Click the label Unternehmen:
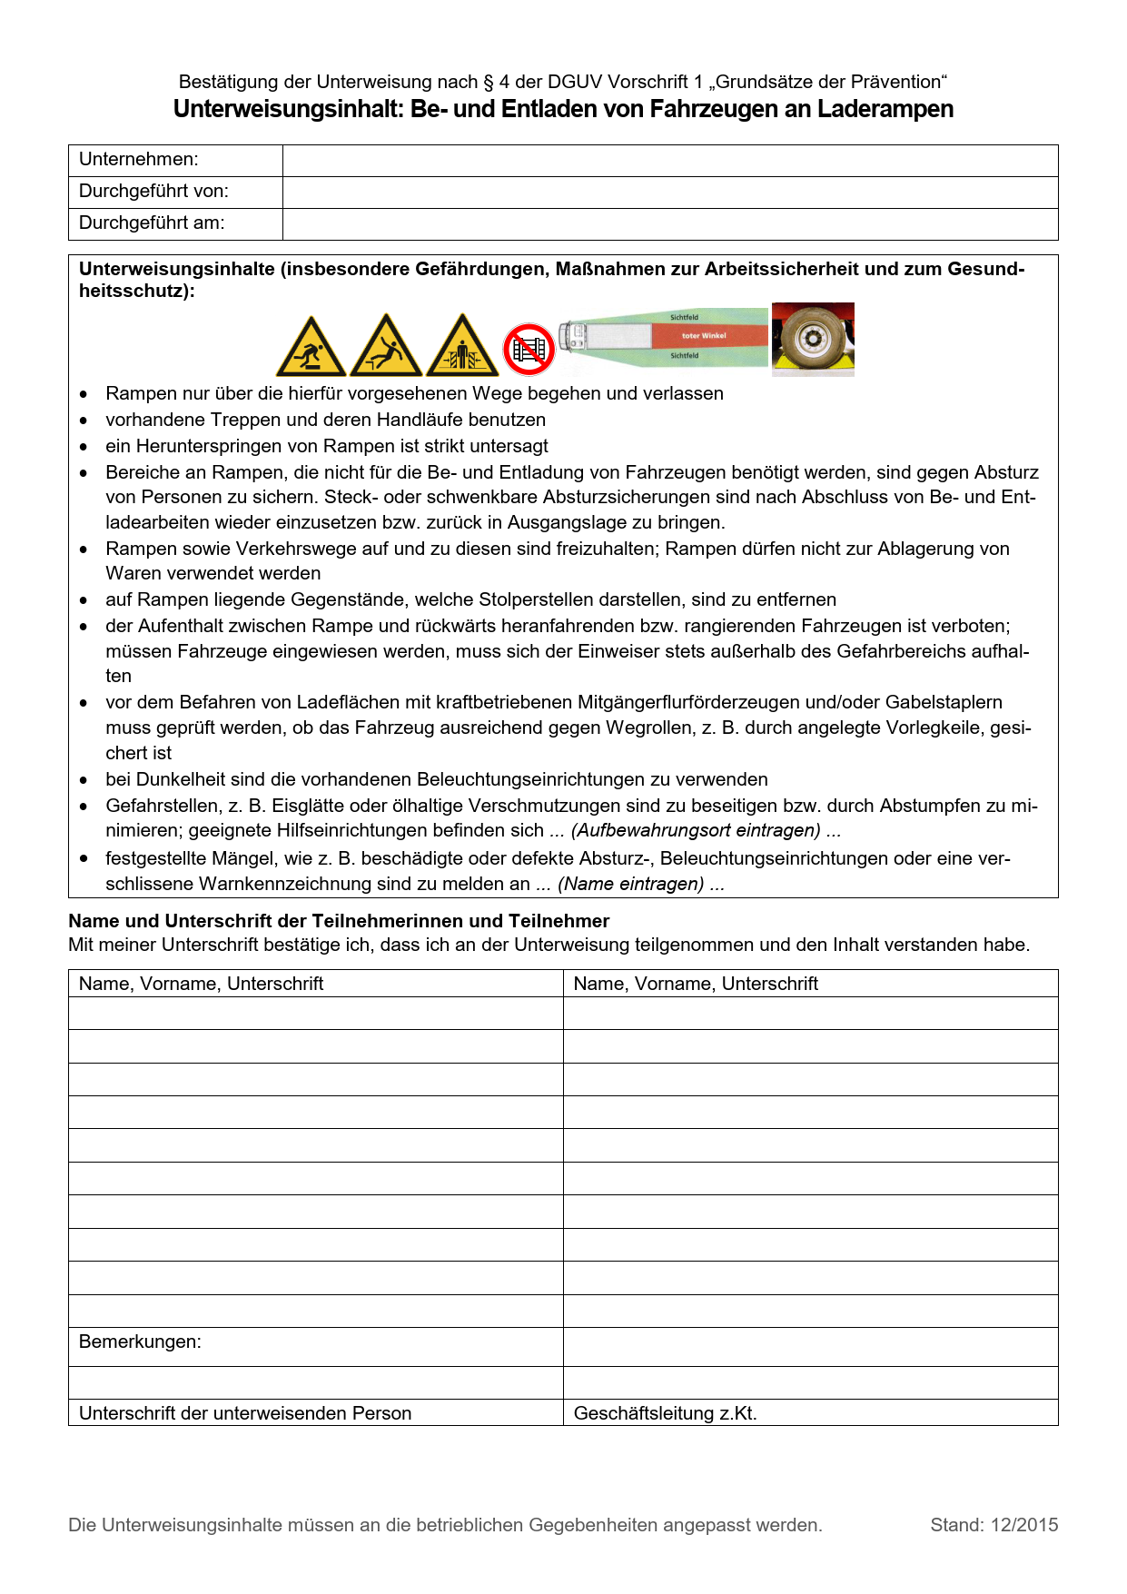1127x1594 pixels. (x=138, y=160)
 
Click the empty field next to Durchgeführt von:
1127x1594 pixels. (x=669, y=192)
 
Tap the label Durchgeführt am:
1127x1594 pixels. (x=151, y=223)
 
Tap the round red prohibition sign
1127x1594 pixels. (x=529, y=349)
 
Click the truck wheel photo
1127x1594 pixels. (x=813, y=340)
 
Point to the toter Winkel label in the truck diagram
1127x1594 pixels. (x=704, y=336)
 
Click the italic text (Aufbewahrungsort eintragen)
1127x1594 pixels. (x=696, y=831)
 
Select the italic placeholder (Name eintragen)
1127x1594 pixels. (x=630, y=885)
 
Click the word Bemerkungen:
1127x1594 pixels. (x=140, y=1342)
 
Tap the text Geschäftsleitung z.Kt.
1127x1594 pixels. (x=665, y=1414)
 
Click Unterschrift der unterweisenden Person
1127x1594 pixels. (x=245, y=1414)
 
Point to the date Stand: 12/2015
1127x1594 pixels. (x=994, y=1526)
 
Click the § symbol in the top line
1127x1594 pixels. (x=489, y=83)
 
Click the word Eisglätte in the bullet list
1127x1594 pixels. (x=308, y=807)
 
